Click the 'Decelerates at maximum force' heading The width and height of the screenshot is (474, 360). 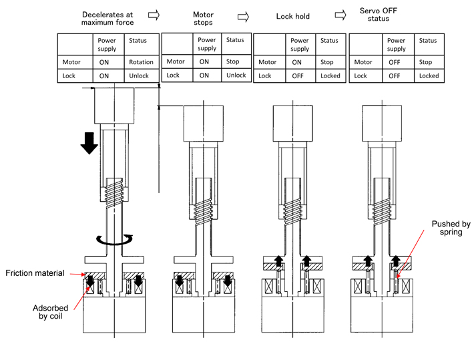pyautogui.click(x=107, y=18)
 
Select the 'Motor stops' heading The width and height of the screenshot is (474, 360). pyautogui.click(x=203, y=18)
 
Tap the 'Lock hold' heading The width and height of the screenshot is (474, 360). pyautogui.click(x=294, y=15)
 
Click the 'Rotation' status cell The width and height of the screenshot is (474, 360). pyautogui.click(x=142, y=62)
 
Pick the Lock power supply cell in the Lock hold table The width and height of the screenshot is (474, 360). pyautogui.click(x=300, y=75)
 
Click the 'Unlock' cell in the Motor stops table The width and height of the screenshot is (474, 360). pyautogui.click(x=236, y=75)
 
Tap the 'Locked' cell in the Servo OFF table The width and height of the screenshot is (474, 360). pyautogui.click(x=429, y=75)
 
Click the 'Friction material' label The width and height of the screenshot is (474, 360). pyautogui.click(x=35, y=273)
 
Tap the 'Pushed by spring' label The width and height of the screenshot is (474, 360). pyautogui.click(x=441, y=228)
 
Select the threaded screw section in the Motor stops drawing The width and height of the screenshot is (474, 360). pyautogui.click(x=204, y=197)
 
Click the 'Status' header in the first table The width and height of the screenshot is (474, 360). pyautogui.click(x=142, y=41)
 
